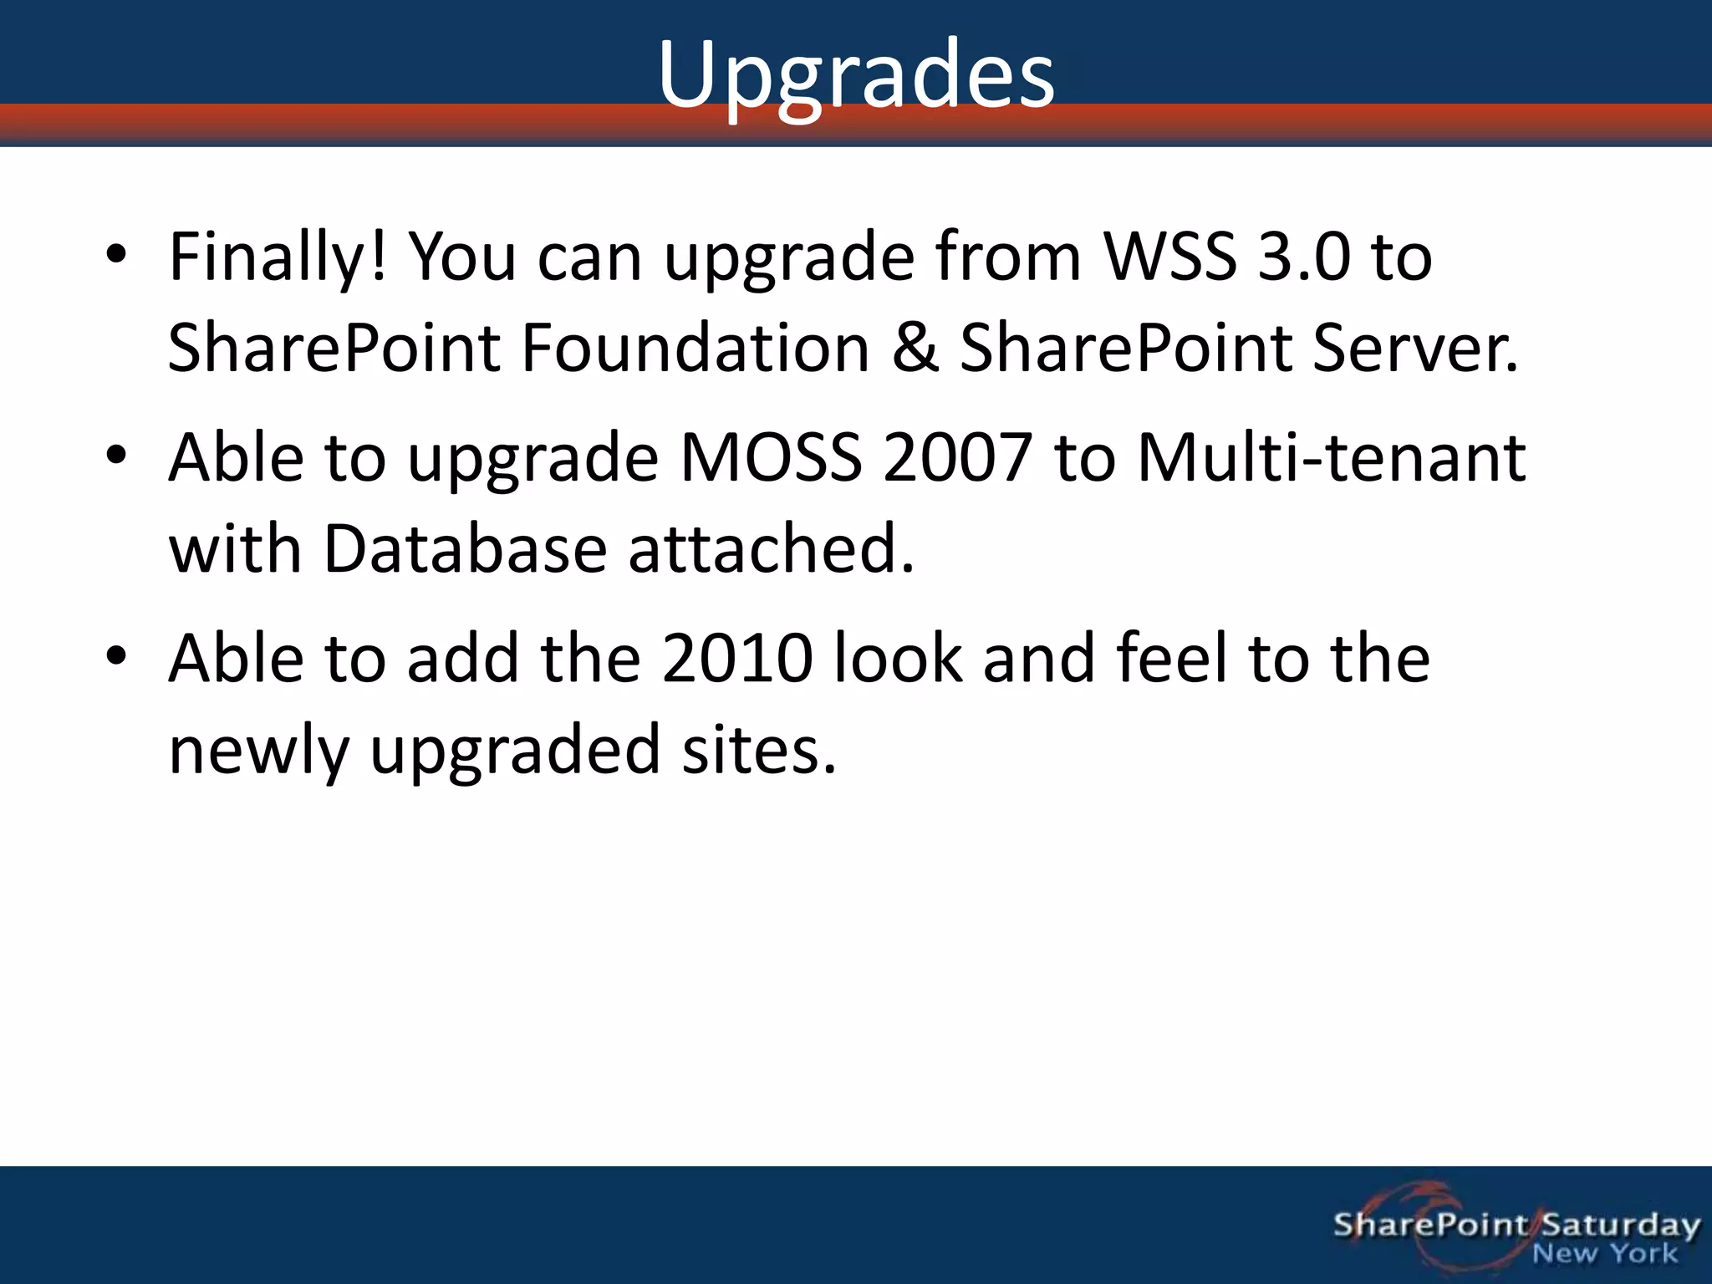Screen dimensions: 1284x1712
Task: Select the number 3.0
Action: pyautogui.click(x=1303, y=257)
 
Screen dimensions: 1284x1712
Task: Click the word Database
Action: pyautogui.click(x=465, y=550)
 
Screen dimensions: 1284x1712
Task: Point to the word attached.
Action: pyautogui.click(x=771, y=550)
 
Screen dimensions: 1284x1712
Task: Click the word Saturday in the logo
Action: pyautogui.click(x=1620, y=1225)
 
